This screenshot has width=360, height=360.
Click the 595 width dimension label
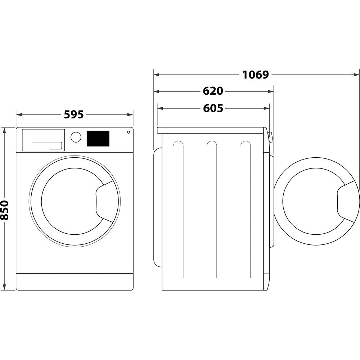74,114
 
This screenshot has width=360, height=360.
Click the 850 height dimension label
5,210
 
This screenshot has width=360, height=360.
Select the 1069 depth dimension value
256,75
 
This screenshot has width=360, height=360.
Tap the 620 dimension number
213,91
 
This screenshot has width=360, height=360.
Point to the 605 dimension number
213,108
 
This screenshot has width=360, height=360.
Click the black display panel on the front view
98,139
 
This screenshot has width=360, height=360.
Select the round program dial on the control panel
76,137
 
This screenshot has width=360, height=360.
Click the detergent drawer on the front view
43,140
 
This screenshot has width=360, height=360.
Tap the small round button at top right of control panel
128,132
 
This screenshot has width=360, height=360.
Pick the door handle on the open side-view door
347,202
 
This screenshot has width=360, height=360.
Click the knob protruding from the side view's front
270,136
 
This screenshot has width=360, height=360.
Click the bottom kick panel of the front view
75,282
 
